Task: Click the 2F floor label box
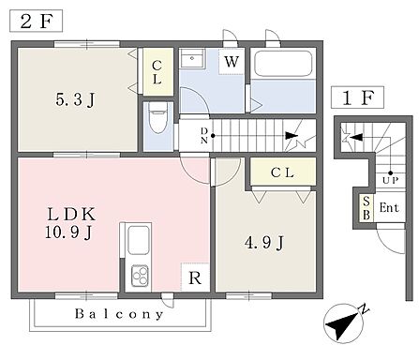point(36,21)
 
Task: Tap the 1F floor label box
point(357,97)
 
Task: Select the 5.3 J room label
point(75,100)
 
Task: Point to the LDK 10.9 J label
point(70,223)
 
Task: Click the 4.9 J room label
point(264,243)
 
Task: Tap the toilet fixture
point(158,117)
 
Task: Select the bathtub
point(283,64)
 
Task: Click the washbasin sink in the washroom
point(192,58)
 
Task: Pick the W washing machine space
point(232,62)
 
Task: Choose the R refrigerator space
point(195,277)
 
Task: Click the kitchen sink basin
point(139,240)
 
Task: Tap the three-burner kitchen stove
point(140,276)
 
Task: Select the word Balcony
point(119,314)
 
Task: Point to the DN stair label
point(204,135)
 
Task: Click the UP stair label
point(390,180)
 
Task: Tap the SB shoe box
point(367,208)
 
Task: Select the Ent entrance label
point(389,207)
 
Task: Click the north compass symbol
point(345,322)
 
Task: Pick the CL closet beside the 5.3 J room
point(157,71)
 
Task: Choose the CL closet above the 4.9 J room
point(283,172)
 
